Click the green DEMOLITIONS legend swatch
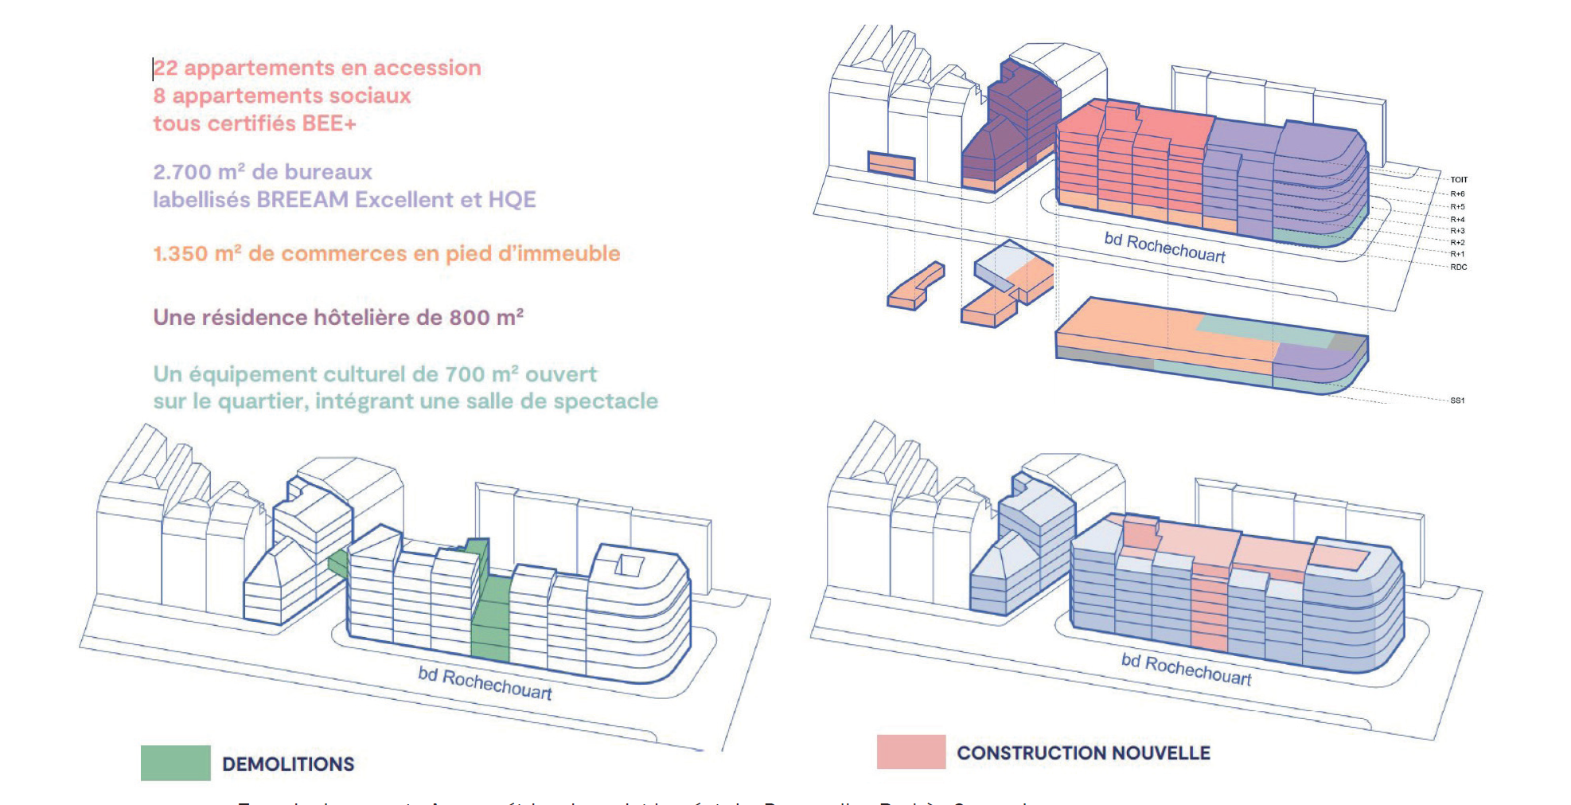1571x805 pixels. [x=175, y=763]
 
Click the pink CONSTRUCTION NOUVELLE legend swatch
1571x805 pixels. [x=910, y=752]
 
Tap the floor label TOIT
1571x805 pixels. [x=1459, y=180]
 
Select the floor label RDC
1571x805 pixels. [x=1458, y=267]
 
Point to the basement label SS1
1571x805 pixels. [x=1457, y=401]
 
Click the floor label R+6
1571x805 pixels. [x=1457, y=193]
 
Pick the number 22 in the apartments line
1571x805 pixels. [x=166, y=68]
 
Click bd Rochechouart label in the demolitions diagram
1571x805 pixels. [x=485, y=683]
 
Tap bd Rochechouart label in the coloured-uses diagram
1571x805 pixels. [x=1164, y=248]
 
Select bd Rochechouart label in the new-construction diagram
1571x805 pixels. [x=1186, y=670]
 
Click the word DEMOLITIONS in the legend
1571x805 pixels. [x=288, y=764]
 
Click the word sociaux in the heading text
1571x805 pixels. [x=372, y=96]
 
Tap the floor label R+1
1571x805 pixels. [x=1457, y=254]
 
